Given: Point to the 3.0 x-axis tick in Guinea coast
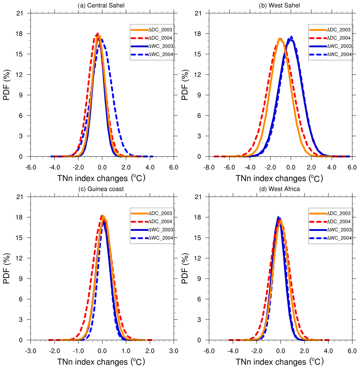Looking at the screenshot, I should click(174, 351).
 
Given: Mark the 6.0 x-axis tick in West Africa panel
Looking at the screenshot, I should click(352, 351).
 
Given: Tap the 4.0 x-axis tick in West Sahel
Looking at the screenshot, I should click(332, 167).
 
